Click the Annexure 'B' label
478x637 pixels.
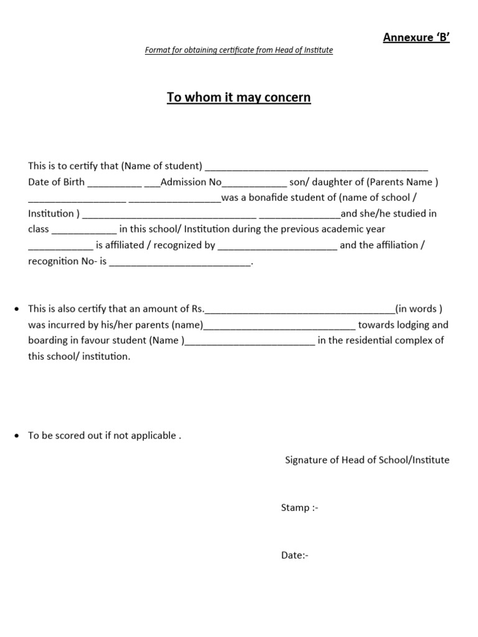coord(416,38)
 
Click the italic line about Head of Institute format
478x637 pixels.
coord(238,50)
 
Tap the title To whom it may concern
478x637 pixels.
coord(238,98)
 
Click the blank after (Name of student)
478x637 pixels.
coord(316,167)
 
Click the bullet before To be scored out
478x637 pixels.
coord(17,435)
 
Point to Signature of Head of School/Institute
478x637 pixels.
coord(367,460)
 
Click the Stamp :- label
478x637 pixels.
coord(299,508)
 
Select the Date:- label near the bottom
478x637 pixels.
coord(294,555)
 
